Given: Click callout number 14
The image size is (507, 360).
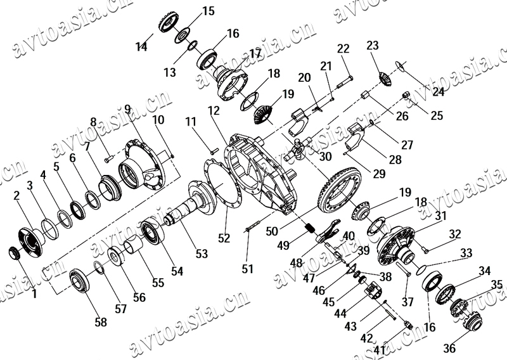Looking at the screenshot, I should pyautogui.click(x=141, y=46).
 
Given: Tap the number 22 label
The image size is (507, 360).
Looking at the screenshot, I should pyautogui.click(x=343, y=49).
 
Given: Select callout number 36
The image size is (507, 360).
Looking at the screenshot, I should pyautogui.click(x=449, y=348).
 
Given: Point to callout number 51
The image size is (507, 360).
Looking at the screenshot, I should pyautogui.click(x=247, y=269).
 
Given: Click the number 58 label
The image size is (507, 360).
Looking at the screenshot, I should pyautogui.click(x=101, y=322).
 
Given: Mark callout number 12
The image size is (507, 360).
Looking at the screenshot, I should pyautogui.click(x=213, y=110).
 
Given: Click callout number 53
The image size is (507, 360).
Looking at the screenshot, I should pyautogui.click(x=201, y=254).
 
